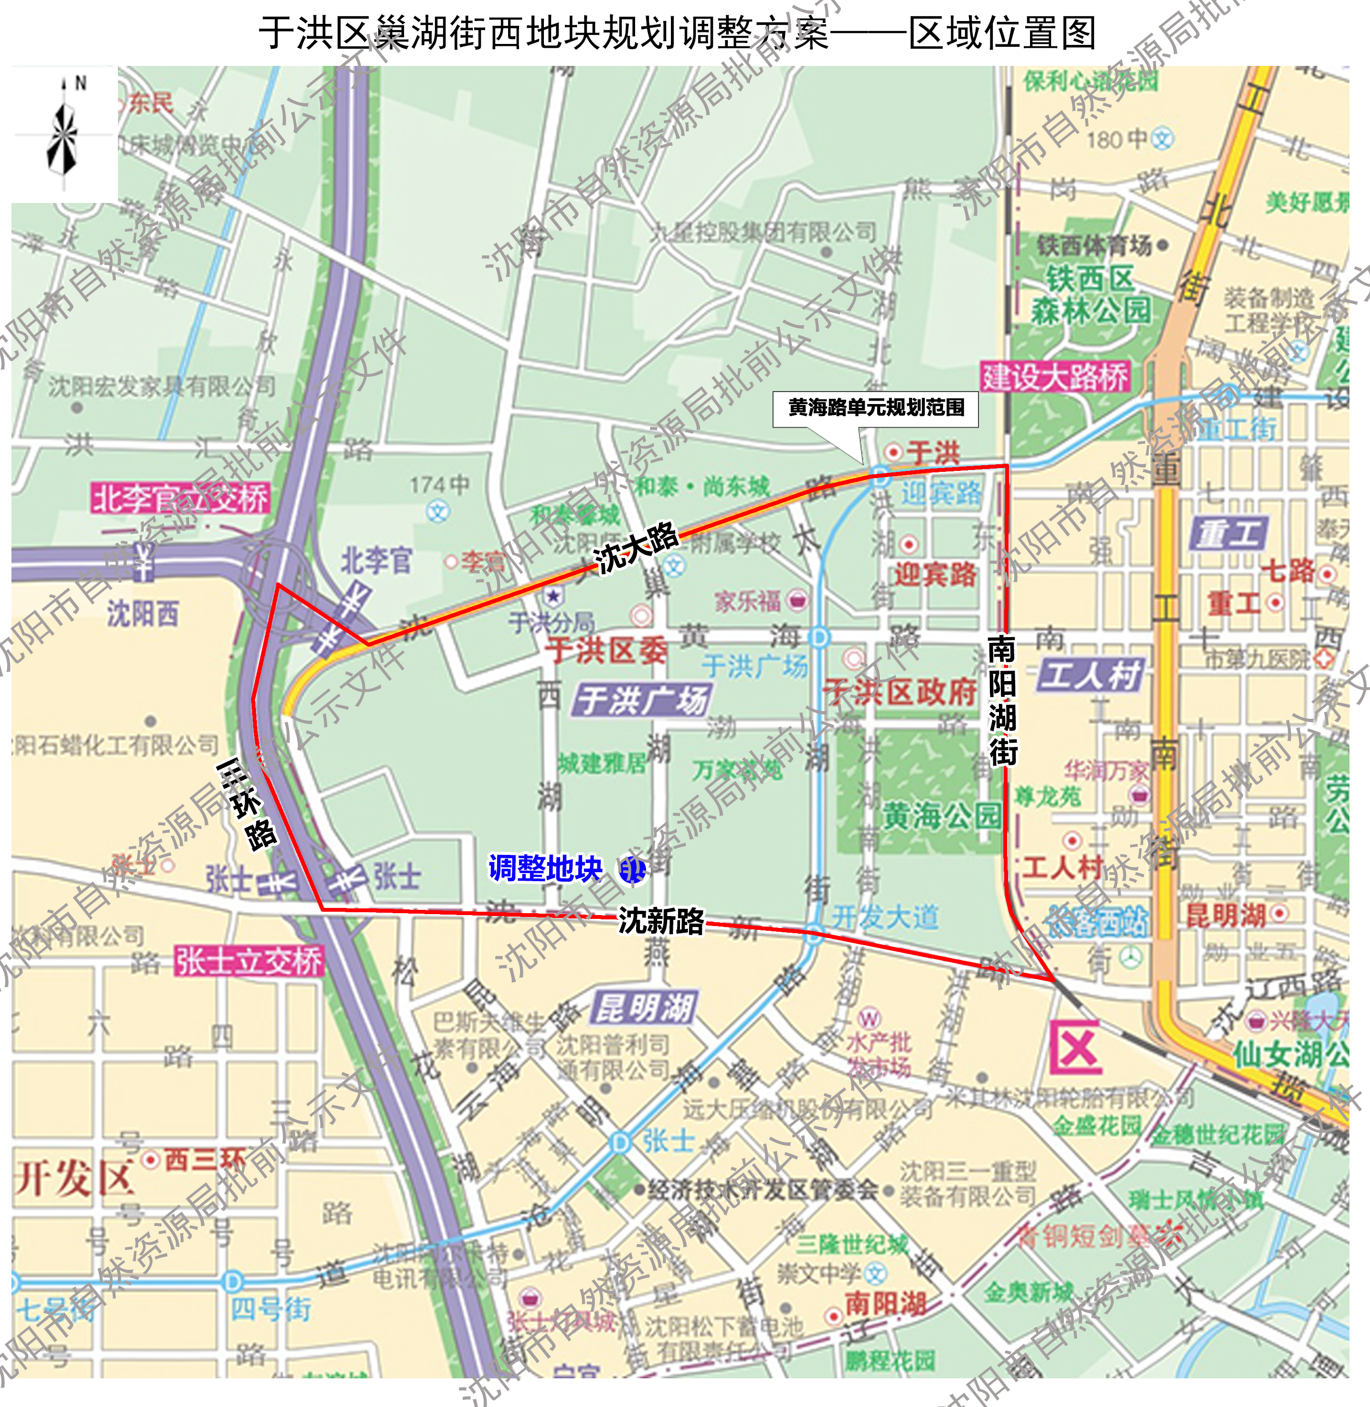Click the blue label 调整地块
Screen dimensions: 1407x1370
(545, 869)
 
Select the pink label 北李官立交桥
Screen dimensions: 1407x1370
(181, 498)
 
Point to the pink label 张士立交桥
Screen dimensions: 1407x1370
(249, 961)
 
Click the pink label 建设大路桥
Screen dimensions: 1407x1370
(1055, 377)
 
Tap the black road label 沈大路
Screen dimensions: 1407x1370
(636, 548)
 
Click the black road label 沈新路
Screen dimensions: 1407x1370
(661, 920)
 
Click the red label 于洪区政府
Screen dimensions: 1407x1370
(900, 692)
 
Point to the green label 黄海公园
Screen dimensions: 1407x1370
(940, 816)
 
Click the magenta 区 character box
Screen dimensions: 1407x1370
(1076, 1048)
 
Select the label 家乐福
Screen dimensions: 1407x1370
(748, 600)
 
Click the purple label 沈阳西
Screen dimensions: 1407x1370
(142, 614)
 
